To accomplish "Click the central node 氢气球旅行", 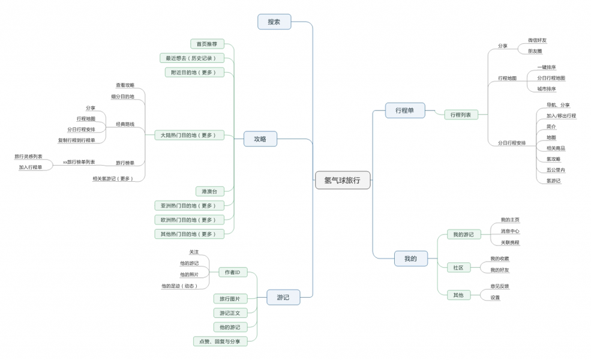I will [343, 180].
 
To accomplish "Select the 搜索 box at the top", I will [274, 22].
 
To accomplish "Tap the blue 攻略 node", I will [260, 139].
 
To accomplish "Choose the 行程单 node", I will [405, 110].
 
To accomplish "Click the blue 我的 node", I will [410, 259].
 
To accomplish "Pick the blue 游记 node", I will [283, 297].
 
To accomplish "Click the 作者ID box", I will [232, 272].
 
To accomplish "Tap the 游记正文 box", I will [230, 313].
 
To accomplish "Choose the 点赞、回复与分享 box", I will [220, 341].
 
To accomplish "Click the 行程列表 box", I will [461, 115].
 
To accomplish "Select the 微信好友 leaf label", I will [537, 40].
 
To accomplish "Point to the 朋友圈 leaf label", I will [535, 51].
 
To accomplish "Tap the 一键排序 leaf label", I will [546, 67].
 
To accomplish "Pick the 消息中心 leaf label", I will [510, 231].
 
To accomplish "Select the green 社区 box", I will [458, 268].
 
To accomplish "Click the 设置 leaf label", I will [495, 297].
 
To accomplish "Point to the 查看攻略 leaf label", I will [125, 85].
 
